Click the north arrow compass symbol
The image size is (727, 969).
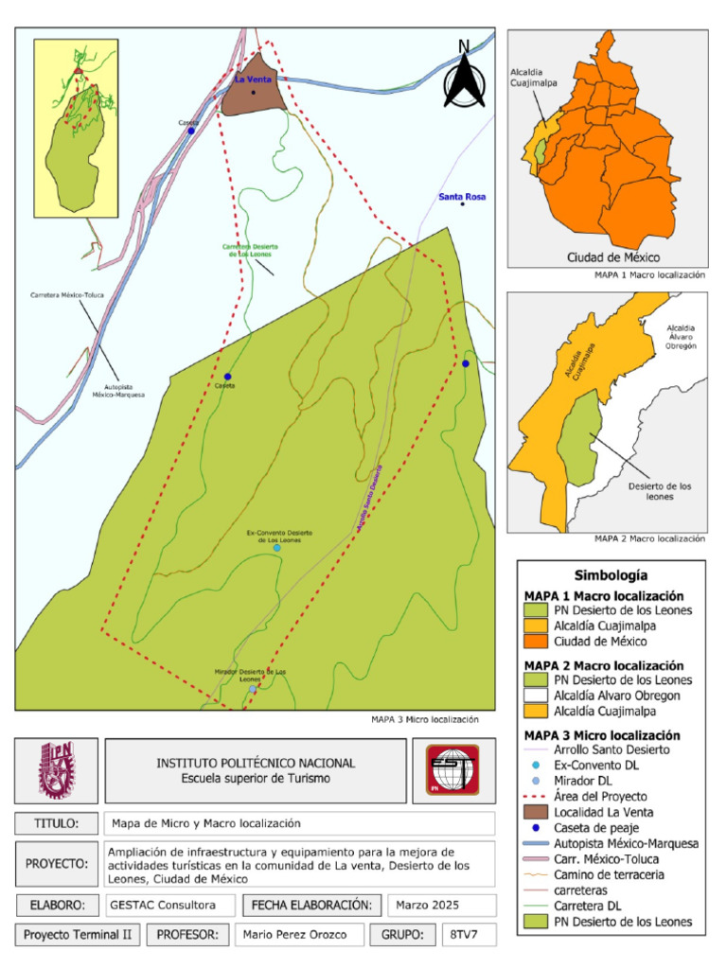point(464,75)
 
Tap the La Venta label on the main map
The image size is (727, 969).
point(253,80)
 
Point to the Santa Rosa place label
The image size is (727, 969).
point(462,197)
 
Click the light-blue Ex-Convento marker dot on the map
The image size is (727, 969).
point(276,548)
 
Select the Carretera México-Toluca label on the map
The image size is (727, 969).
point(66,295)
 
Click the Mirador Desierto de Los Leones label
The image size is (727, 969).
point(250,675)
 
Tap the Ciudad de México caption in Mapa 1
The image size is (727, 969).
point(612,257)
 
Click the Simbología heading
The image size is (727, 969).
point(611,575)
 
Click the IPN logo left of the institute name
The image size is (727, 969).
point(56,770)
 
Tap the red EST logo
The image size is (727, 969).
point(452,770)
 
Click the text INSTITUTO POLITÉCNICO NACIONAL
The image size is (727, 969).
point(256,763)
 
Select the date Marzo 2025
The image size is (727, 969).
point(427,905)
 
